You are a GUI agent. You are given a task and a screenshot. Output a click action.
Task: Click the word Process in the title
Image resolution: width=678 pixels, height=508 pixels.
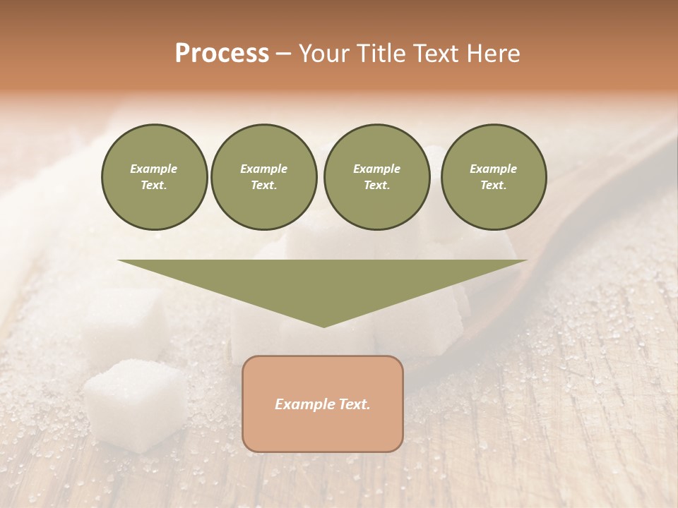[x=222, y=54]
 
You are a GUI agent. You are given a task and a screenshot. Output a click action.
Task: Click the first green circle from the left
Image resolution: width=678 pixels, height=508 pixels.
[x=154, y=177]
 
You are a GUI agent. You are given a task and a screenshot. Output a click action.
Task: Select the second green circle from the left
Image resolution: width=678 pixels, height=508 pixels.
[x=264, y=177]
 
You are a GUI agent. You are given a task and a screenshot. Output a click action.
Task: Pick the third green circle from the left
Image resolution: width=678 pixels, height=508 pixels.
[x=376, y=177]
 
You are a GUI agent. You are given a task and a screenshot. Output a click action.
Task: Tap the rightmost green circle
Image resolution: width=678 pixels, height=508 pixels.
[x=494, y=177]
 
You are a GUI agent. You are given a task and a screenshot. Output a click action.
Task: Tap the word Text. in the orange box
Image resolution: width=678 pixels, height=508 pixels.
[x=354, y=404]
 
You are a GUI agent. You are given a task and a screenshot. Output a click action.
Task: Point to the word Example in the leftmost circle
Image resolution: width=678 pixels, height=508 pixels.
[x=154, y=169]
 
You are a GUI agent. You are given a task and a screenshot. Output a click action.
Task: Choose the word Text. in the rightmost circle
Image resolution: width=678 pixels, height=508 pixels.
[x=494, y=186]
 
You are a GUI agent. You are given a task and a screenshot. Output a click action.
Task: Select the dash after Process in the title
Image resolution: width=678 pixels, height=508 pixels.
[x=284, y=54]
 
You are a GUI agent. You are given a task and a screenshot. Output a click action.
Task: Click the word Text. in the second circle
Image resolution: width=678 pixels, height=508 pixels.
[x=264, y=186]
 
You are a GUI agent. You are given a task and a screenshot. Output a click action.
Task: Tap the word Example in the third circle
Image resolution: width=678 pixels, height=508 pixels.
[x=376, y=169]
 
